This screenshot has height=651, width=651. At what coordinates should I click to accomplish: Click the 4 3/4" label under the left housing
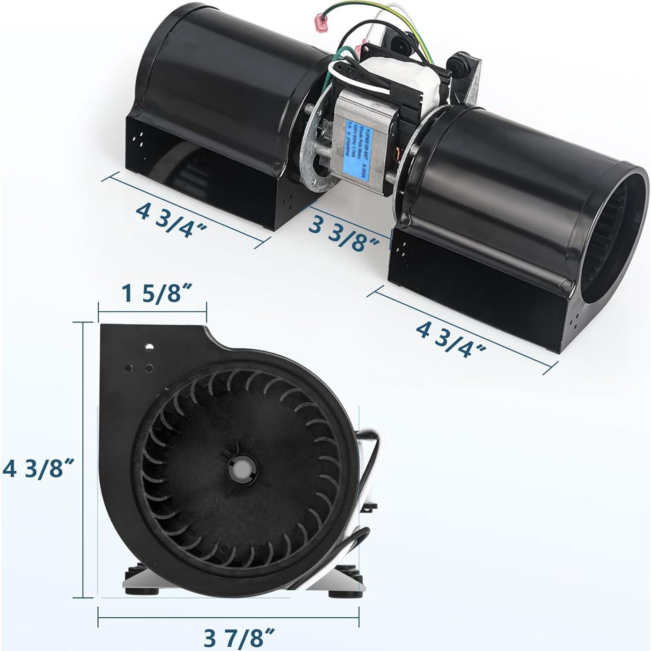171,219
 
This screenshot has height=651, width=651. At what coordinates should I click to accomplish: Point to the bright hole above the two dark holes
149,347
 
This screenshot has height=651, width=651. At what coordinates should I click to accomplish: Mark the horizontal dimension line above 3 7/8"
228,618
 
